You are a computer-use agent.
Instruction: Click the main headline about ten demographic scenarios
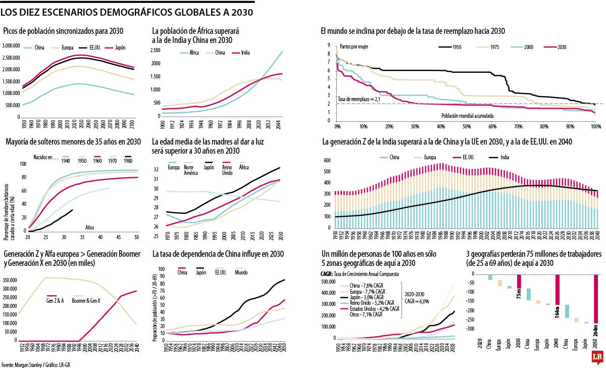tap(127, 11)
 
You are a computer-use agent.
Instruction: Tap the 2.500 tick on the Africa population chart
tap(155, 50)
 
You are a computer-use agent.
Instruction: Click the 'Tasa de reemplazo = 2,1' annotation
tap(359, 100)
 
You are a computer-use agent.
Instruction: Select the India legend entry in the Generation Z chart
tap(504, 158)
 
